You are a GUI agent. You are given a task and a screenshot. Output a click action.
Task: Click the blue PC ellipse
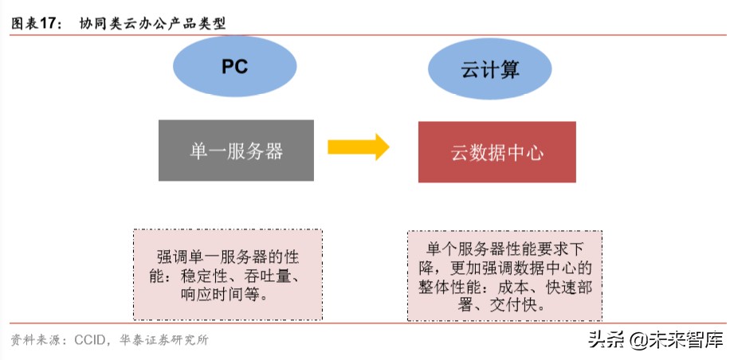coord(234,66)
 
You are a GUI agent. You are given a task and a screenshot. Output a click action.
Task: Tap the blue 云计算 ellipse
coord(489,69)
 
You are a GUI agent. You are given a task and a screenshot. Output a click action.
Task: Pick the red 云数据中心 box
coord(497,152)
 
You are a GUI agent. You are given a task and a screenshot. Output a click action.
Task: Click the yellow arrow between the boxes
coord(358,147)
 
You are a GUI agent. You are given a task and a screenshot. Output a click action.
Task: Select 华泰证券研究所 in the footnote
coord(167,340)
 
